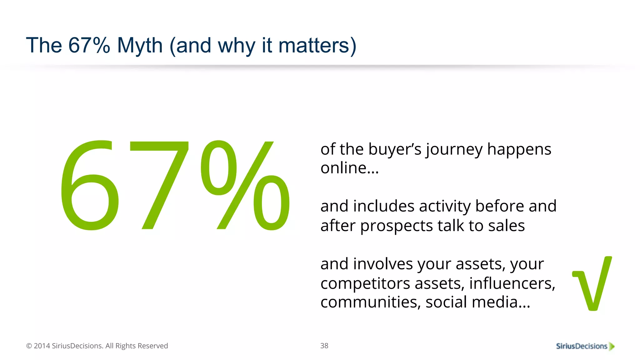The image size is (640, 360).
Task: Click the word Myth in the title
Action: (140, 46)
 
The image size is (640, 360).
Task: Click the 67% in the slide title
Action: (89, 46)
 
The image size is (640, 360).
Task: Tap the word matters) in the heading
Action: (317, 46)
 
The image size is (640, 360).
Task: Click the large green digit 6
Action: (90, 186)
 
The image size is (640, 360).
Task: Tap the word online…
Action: (349, 168)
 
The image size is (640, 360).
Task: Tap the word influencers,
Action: (512, 284)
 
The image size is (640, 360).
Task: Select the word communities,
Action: (370, 302)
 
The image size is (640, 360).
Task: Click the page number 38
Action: (324, 346)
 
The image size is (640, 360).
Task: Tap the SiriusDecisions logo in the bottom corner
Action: (585, 346)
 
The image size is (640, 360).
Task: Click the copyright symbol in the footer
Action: (29, 346)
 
